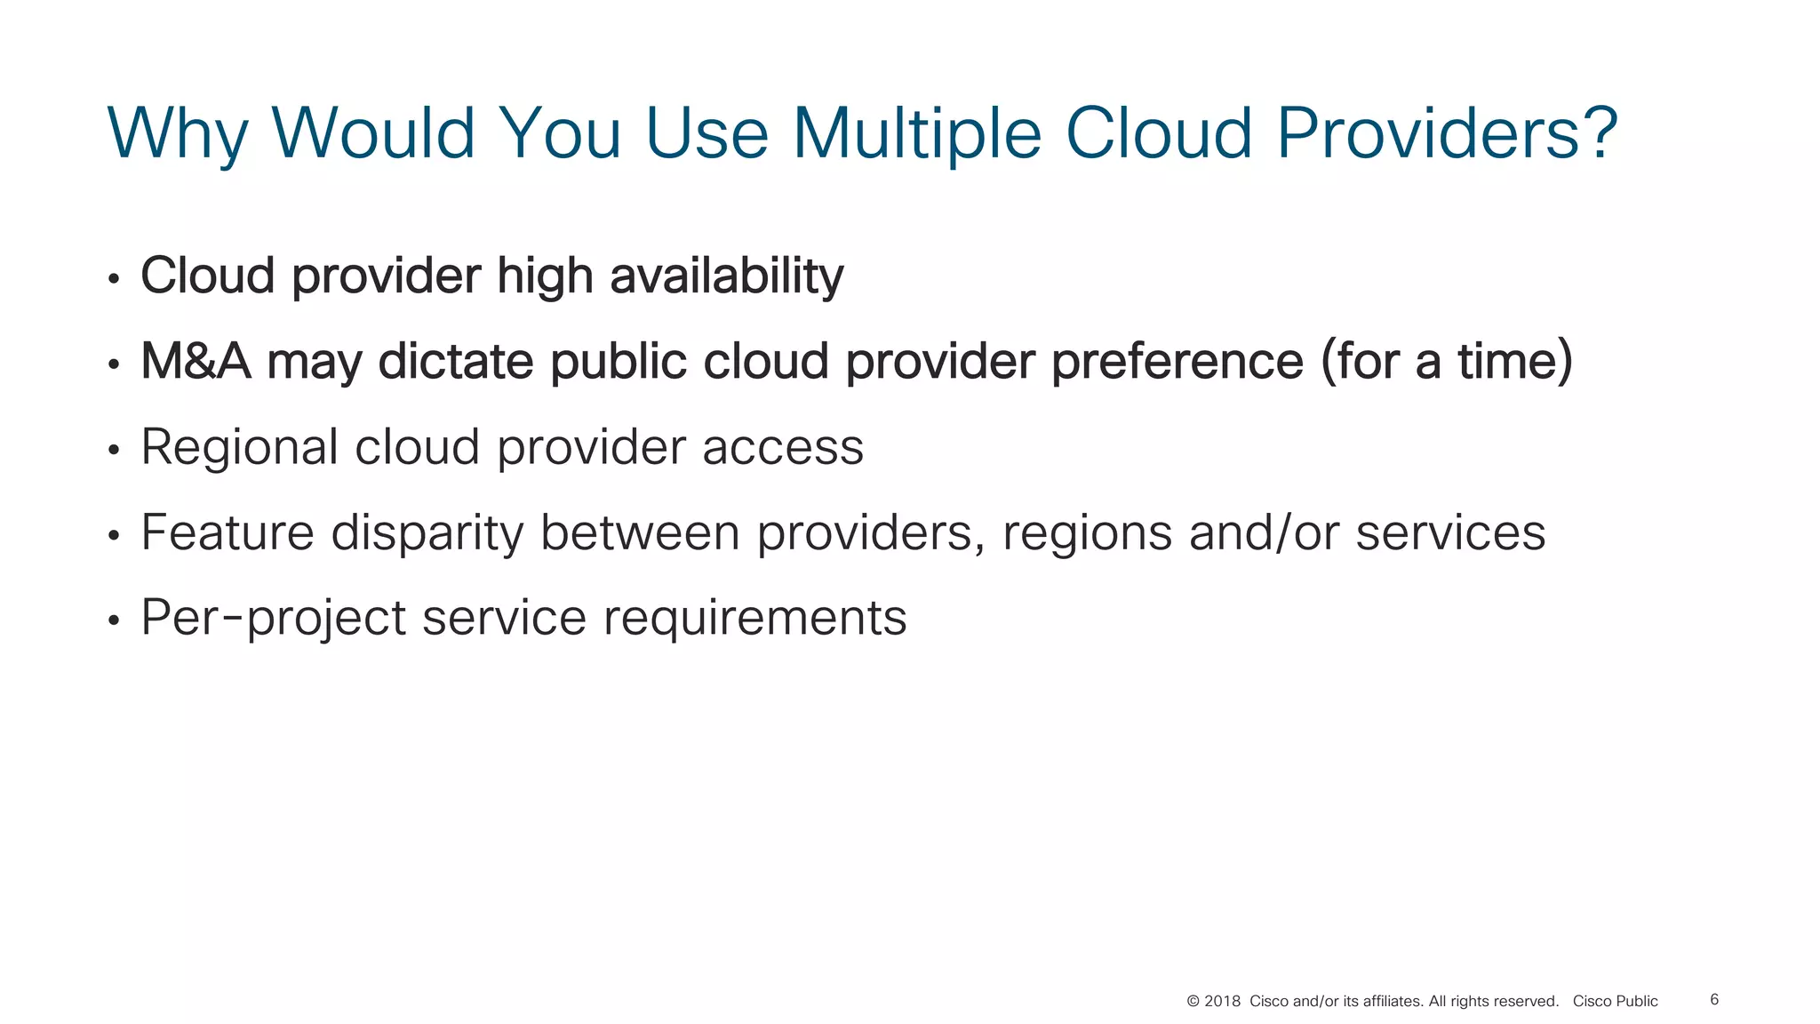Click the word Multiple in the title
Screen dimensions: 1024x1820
coord(916,133)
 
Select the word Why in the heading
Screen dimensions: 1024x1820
coord(178,135)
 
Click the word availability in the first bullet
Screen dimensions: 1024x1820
coord(726,276)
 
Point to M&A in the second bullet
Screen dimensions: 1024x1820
coord(196,361)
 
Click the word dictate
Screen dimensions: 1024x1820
coord(456,361)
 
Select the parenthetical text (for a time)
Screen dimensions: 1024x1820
coord(1446,361)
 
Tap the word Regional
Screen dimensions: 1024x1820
coord(239,447)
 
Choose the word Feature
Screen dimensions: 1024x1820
coord(227,532)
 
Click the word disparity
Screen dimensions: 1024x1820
coord(427,533)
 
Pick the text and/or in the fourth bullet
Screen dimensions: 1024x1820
coord(1264,532)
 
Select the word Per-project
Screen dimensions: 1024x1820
coord(273,618)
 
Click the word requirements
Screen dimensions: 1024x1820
coord(754,618)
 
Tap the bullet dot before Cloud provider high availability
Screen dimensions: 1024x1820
coord(113,279)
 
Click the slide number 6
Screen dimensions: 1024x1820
coord(1714,1000)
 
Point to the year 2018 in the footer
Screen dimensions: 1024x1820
coord(1222,1002)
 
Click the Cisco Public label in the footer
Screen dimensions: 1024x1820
coord(1615,1002)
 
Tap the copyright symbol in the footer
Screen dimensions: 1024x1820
coord(1193,1002)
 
